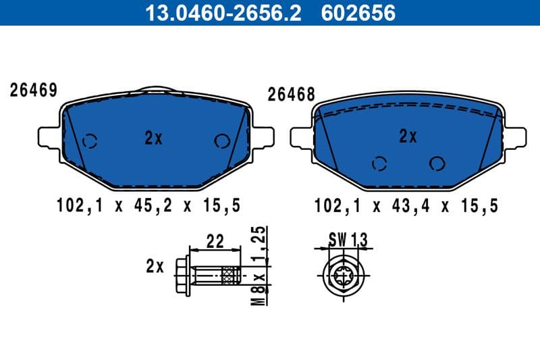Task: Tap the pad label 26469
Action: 32,91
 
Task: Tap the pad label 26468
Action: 292,95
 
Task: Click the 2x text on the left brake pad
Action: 154,138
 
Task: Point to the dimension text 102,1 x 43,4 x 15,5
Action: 406,205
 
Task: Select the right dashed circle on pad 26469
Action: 221,140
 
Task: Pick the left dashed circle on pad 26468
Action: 380,163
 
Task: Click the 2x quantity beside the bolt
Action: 155,266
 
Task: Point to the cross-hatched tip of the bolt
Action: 231,274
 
